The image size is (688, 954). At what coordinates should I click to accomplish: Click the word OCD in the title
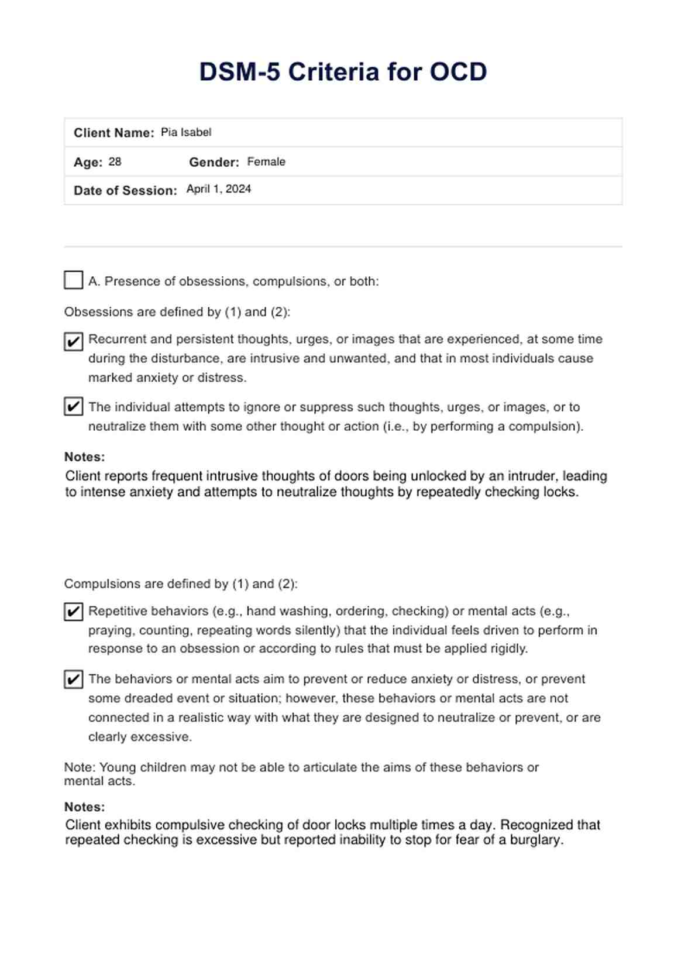[x=458, y=72]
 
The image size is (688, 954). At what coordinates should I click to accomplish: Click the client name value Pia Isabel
[x=186, y=132]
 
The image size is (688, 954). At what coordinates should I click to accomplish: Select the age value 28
[x=115, y=162]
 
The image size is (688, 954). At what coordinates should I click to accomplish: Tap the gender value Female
[x=266, y=162]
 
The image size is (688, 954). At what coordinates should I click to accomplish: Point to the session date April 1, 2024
[x=219, y=189]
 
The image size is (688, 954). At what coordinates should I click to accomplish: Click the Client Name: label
[x=113, y=133]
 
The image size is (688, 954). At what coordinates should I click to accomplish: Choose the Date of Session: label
[x=125, y=191]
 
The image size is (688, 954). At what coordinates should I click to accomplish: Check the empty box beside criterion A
[x=73, y=280]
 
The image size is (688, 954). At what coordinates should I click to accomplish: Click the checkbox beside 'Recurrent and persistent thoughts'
[x=73, y=341]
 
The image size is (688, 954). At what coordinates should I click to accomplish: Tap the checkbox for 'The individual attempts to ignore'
[x=73, y=406]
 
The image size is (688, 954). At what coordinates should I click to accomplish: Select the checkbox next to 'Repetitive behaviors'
[x=73, y=612]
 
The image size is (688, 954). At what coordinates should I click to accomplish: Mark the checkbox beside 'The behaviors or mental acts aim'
[x=73, y=680]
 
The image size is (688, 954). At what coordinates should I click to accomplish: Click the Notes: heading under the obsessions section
[x=85, y=457]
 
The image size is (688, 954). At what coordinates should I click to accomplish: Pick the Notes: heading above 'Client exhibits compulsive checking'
[x=85, y=807]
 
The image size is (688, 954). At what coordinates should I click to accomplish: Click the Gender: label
[x=214, y=162]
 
